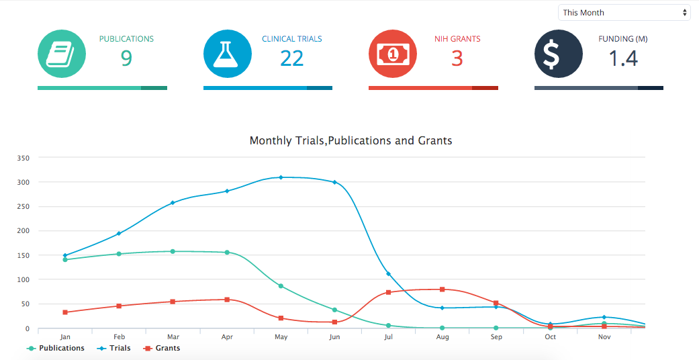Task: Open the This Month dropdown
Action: pyautogui.click(x=624, y=13)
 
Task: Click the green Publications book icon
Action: pyautogui.click(x=62, y=54)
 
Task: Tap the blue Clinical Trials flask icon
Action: pyautogui.click(x=228, y=54)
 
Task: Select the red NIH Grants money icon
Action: pyautogui.click(x=393, y=54)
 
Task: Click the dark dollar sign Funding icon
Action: pyautogui.click(x=558, y=54)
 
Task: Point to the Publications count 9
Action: pyautogui.click(x=126, y=59)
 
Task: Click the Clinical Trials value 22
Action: pyautogui.click(x=292, y=59)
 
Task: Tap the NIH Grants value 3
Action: pyautogui.click(x=457, y=59)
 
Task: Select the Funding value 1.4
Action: pyautogui.click(x=622, y=59)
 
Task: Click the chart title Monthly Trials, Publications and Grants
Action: pyautogui.click(x=351, y=141)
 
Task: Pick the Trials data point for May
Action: pyautogui.click(x=281, y=177)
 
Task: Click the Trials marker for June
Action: pyautogui.click(x=334, y=182)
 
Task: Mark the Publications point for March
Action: pyautogui.click(x=173, y=251)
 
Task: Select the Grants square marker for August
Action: pyautogui.click(x=442, y=289)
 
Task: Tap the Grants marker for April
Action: pyautogui.click(x=227, y=300)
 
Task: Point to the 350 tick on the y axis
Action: pyautogui.click(x=24, y=159)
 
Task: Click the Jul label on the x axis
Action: pyautogui.click(x=388, y=337)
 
